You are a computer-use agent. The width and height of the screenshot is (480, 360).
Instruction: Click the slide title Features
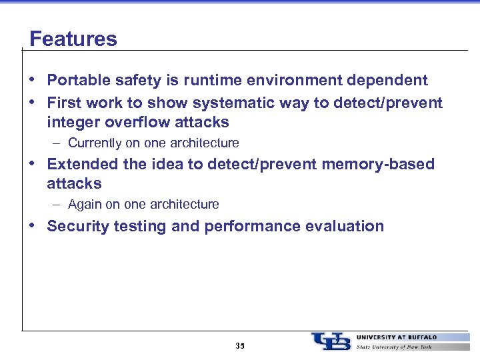tap(73, 39)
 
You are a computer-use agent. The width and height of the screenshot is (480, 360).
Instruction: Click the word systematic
tap(225, 103)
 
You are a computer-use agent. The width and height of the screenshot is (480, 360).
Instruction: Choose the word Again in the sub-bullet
tap(83, 205)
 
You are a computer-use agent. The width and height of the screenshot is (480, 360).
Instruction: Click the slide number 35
tap(240, 346)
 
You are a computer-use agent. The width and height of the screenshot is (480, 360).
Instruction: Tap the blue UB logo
tap(331, 341)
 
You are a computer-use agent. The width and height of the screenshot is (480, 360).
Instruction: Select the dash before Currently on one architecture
tap(59, 143)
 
